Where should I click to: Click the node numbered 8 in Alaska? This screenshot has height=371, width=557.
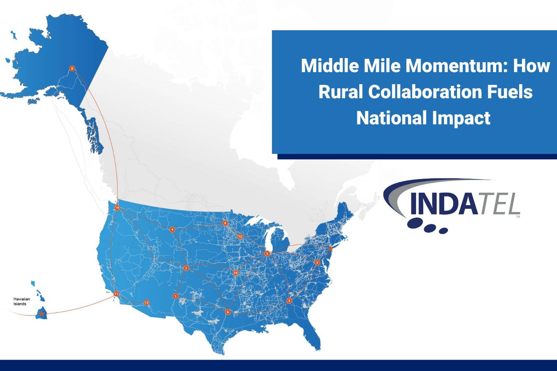[72, 68]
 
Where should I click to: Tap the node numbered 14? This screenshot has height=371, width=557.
[117, 207]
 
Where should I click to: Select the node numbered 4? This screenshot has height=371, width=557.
[172, 229]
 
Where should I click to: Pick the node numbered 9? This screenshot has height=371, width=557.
[225, 223]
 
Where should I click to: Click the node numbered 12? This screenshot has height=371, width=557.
[240, 236]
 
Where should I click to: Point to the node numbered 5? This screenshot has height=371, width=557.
[267, 254]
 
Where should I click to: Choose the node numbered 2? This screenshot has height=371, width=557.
[317, 262]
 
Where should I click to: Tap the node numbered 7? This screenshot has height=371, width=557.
[186, 268]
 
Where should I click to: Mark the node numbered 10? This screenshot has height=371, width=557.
[236, 273]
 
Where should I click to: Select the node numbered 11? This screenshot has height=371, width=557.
[116, 294]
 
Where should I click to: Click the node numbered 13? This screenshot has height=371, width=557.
[146, 302]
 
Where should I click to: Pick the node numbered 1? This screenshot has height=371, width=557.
[176, 296]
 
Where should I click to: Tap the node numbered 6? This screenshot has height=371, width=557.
[228, 312]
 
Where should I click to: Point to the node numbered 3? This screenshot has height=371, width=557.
[289, 301]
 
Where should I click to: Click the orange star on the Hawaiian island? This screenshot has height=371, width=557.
[42, 314]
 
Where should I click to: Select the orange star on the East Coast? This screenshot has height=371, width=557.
[330, 248]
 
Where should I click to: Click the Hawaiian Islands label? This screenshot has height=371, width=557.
[22, 301]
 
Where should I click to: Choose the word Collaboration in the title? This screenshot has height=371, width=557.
[425, 92]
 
